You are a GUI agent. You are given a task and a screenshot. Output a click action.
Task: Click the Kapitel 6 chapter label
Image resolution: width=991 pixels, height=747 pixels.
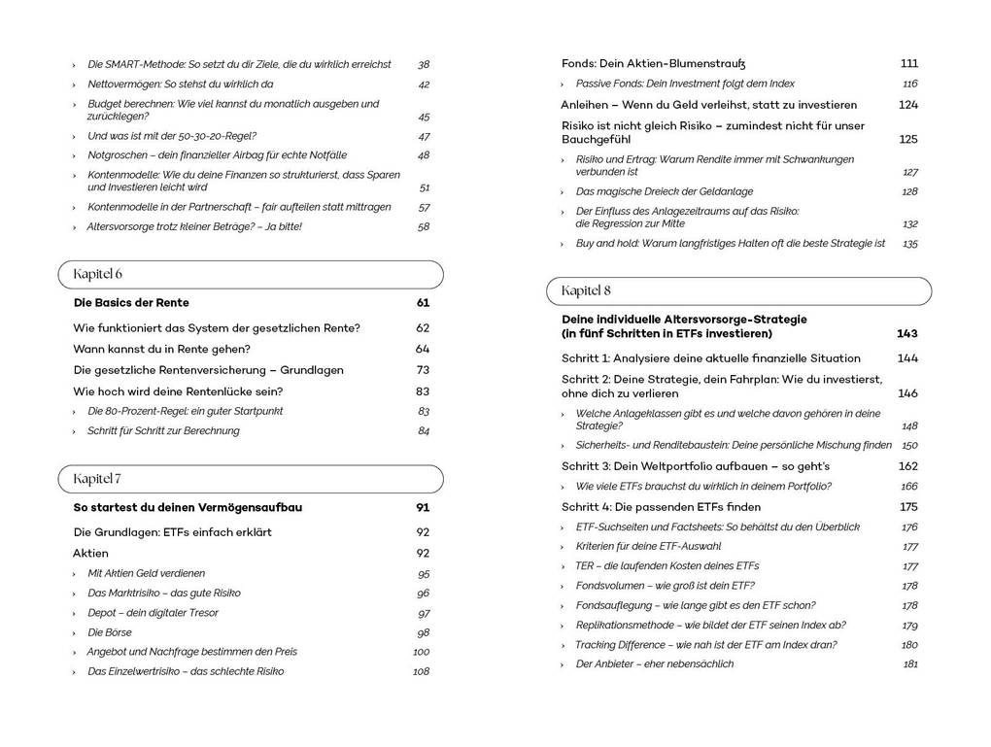click(97, 274)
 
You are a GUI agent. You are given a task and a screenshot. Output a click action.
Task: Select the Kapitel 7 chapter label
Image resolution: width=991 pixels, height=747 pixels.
click(97, 479)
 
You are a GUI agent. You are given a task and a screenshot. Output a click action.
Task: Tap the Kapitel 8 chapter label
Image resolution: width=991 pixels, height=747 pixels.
click(586, 290)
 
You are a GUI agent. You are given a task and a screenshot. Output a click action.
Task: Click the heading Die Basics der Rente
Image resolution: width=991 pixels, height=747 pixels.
click(131, 303)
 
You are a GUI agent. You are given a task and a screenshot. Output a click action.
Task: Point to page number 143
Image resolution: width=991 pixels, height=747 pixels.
click(906, 333)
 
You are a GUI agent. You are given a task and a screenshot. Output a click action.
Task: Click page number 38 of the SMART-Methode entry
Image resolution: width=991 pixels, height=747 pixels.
click(424, 64)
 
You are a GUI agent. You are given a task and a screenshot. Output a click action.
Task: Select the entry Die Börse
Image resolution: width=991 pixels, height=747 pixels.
click(110, 632)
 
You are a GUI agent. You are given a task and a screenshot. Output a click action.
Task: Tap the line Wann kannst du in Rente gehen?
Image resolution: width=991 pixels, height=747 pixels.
click(161, 349)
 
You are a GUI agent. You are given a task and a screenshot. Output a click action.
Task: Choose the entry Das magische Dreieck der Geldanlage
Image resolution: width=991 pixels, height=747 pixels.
click(664, 192)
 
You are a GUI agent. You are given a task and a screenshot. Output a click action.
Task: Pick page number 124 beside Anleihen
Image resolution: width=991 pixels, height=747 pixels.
click(907, 105)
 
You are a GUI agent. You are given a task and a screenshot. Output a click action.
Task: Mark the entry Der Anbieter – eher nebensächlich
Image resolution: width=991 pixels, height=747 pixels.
click(654, 664)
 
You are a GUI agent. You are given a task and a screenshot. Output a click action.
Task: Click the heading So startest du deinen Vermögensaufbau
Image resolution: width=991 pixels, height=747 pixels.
click(188, 507)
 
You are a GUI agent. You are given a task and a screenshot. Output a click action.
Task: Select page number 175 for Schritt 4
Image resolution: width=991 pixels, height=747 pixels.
click(907, 507)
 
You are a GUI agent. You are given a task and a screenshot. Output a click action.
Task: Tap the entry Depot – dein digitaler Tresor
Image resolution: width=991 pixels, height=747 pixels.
click(153, 613)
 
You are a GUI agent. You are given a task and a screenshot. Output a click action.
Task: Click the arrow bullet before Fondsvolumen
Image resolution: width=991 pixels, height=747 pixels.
click(564, 586)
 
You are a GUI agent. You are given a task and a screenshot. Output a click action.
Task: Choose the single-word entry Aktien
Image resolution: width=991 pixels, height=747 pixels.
click(91, 553)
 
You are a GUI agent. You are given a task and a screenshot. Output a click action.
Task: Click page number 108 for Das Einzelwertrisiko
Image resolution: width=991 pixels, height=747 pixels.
click(421, 671)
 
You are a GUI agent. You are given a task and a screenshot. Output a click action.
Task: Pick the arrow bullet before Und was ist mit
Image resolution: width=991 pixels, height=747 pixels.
click(75, 136)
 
